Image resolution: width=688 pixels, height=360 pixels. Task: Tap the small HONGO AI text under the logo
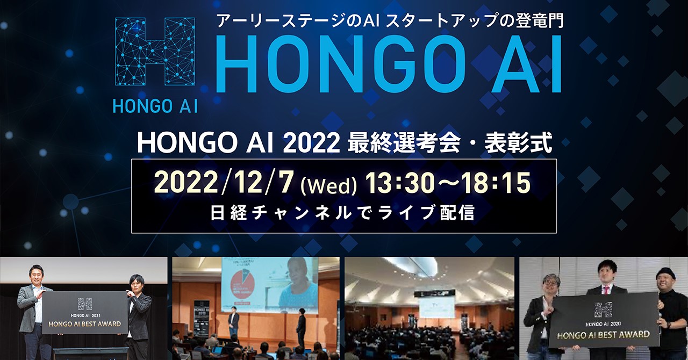click(155, 106)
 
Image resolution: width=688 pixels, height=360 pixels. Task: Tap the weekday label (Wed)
click(329, 185)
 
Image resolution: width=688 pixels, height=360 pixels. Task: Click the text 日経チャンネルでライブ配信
click(343, 213)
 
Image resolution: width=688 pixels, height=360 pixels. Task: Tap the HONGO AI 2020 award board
click(604, 320)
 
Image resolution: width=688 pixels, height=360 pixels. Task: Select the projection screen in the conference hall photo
click(435, 306)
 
